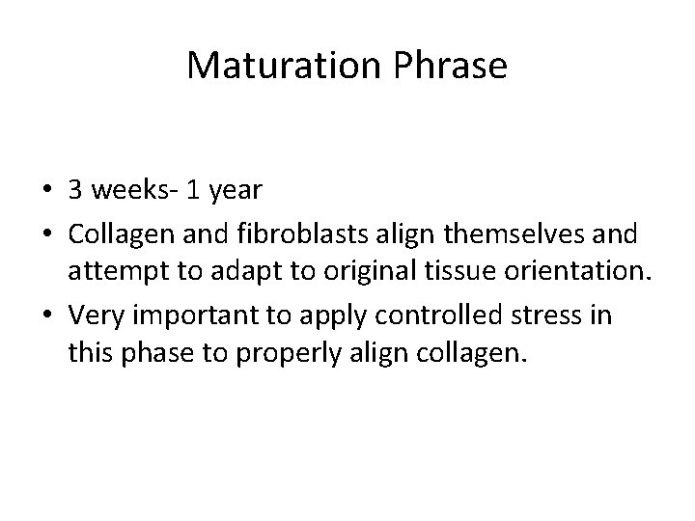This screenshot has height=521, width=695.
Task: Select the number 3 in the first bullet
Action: pos(75,190)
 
